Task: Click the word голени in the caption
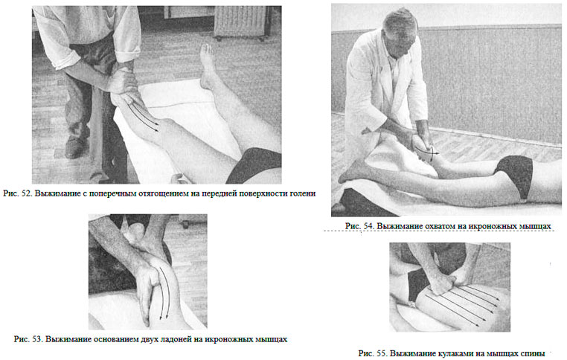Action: pos(303,193)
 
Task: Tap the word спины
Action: pos(534,353)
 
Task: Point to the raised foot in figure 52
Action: pos(208,66)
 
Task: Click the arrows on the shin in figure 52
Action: pos(143,116)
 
